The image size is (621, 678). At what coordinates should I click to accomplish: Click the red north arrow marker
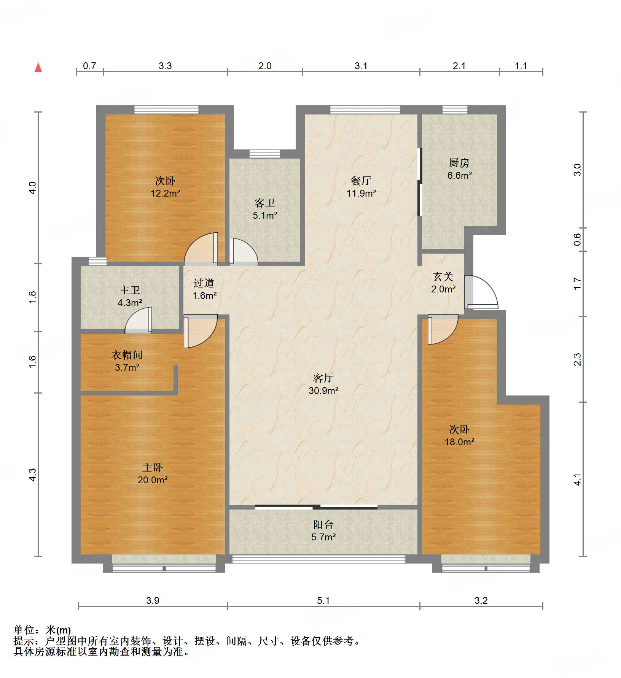[38, 68]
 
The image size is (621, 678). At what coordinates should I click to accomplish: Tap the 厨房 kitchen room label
[459, 169]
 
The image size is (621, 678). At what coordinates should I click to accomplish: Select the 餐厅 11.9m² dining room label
[361, 187]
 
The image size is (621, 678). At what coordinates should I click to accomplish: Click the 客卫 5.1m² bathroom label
[265, 209]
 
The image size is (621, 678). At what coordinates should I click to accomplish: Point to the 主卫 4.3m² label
[130, 296]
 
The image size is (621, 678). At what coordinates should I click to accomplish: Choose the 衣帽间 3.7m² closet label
[127, 361]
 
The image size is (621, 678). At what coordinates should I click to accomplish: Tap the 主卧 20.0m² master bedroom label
[153, 473]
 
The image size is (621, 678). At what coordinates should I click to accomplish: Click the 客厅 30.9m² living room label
[323, 384]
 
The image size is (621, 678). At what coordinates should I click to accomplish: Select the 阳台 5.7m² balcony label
[323, 530]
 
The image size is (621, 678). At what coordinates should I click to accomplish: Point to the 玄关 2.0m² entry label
[443, 283]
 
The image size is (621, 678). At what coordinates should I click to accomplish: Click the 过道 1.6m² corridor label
[204, 289]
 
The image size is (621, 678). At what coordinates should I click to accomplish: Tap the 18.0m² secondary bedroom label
[459, 436]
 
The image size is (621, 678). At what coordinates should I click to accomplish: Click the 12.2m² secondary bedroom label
[165, 187]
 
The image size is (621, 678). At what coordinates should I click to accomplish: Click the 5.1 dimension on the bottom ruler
[323, 600]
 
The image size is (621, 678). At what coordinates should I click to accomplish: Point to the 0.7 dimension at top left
[89, 66]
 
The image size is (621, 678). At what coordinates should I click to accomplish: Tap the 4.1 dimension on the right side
[577, 480]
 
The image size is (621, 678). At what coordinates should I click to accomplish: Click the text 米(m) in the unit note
[58, 630]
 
